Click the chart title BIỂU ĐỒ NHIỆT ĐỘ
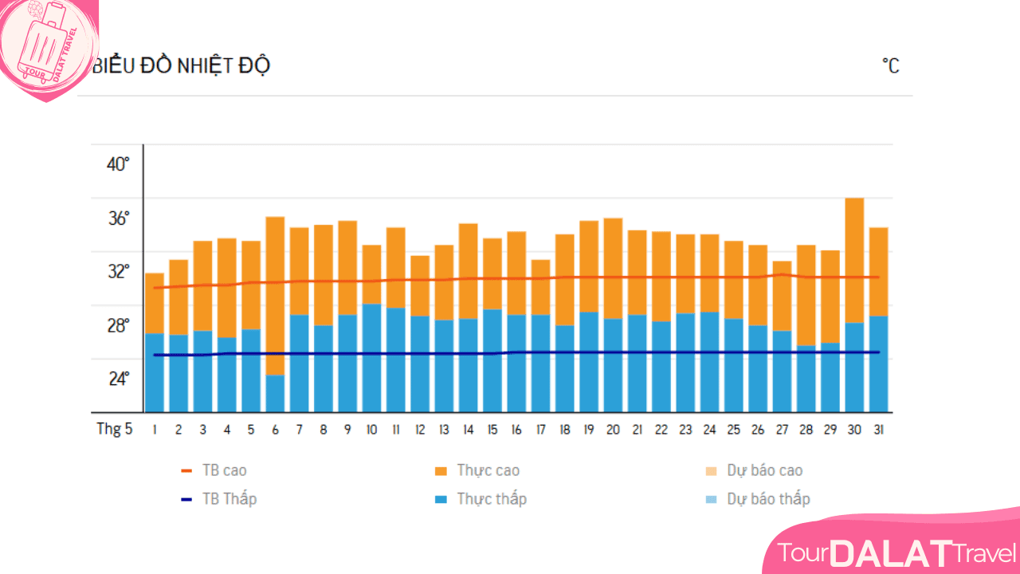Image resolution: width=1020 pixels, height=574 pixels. [x=182, y=65]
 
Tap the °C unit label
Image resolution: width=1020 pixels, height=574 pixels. [x=890, y=65]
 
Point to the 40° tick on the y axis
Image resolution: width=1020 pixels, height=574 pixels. [x=118, y=164]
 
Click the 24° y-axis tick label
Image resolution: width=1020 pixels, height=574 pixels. [x=119, y=378]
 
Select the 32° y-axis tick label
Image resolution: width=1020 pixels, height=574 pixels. [x=118, y=271]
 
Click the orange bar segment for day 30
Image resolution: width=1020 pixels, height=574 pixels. [x=854, y=259]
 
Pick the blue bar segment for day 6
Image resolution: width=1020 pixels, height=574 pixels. [x=275, y=393]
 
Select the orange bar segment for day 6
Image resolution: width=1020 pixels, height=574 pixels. [x=275, y=295]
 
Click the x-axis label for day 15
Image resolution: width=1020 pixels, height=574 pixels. [x=492, y=430]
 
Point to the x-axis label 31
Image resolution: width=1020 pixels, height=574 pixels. [x=878, y=430]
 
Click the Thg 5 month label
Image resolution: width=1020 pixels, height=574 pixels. [x=115, y=429]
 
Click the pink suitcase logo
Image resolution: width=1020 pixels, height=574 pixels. [x=46, y=46]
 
